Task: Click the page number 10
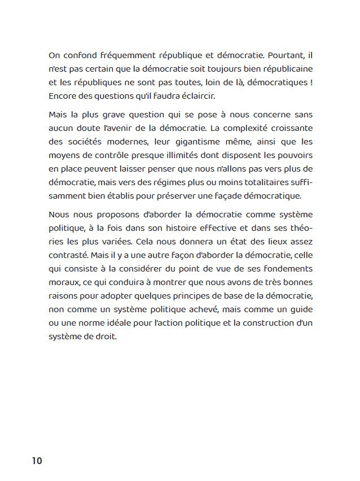pos(37,460)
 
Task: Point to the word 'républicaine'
pos(288,69)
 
